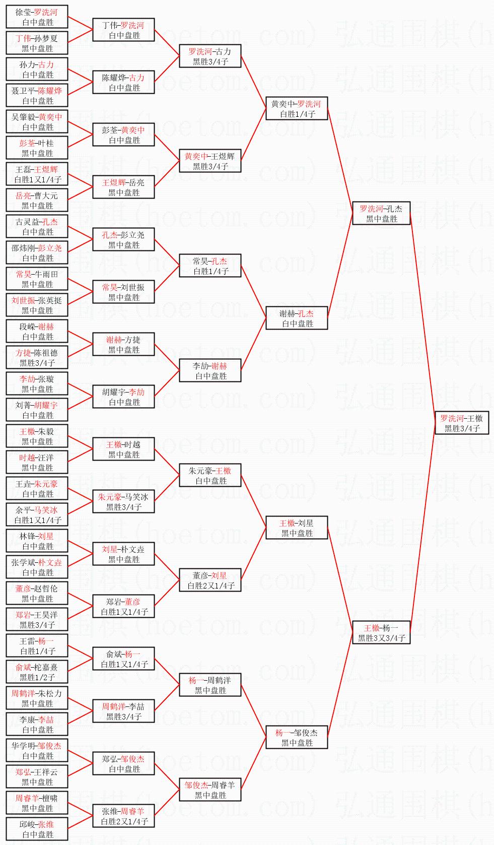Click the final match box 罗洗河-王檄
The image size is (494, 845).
tap(461, 423)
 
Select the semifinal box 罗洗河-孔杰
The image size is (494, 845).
tap(381, 213)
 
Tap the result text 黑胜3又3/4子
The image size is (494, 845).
tap(382, 638)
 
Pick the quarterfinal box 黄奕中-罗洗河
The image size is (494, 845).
tap(297, 108)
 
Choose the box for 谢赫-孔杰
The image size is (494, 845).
tap(297, 318)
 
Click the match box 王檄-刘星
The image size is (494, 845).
tap(297, 528)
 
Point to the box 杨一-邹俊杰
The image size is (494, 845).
tap(297, 737)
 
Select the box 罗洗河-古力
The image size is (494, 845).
tap(210, 56)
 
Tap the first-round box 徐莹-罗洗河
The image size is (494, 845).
tap(37, 17)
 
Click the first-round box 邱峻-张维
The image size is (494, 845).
tap(37, 829)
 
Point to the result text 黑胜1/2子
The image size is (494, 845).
tap(37, 677)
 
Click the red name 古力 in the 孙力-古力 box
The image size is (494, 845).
tap(46, 64)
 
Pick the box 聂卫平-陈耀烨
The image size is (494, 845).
tap(37, 95)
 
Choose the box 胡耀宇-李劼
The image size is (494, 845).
tap(123, 397)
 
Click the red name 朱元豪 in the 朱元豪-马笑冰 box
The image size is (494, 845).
tap(110, 497)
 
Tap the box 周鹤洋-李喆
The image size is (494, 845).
tap(123, 711)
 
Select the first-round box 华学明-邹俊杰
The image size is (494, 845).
tap(37, 750)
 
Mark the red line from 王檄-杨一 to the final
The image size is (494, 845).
tap(423, 529)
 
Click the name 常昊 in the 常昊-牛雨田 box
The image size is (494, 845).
tap(24, 274)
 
